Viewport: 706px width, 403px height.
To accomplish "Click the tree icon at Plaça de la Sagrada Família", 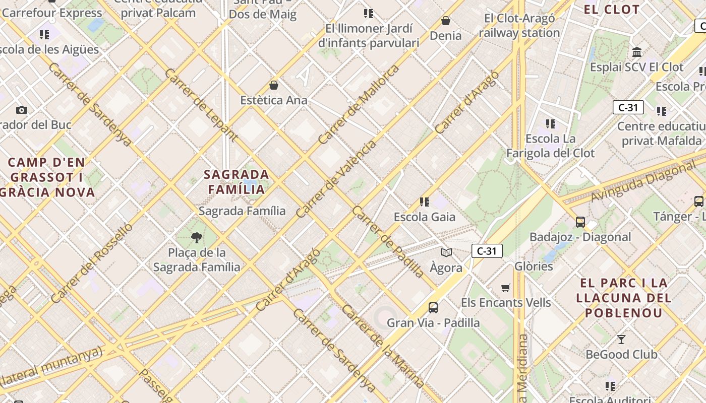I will [x=197, y=237].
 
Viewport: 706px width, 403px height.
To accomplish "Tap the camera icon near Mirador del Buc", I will [x=21, y=110].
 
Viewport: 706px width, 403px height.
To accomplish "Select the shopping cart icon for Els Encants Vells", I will [x=506, y=288].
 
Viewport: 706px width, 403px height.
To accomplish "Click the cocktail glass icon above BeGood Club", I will [x=621, y=339].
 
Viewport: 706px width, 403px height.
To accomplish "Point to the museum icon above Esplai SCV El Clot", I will [x=636, y=52].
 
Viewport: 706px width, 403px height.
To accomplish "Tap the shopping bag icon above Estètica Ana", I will [x=274, y=85].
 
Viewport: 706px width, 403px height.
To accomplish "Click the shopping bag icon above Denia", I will [x=446, y=21].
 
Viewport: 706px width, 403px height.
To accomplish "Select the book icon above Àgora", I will [x=446, y=252].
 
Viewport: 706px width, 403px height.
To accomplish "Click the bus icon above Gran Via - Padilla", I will [x=433, y=307].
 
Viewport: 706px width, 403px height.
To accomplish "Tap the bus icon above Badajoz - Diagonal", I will [x=580, y=222].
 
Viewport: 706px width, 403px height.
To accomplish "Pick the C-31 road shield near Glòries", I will [x=487, y=251].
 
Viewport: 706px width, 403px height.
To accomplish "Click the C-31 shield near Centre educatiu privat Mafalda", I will [x=628, y=107].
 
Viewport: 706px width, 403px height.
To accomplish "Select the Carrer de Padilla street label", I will [x=388, y=242].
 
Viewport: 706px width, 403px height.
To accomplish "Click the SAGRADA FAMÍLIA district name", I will [x=237, y=182].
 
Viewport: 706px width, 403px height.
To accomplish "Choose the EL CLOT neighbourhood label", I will [x=612, y=10].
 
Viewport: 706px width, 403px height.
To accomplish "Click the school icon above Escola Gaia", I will [x=425, y=202].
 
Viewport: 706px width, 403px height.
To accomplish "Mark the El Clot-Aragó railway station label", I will [x=519, y=26].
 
